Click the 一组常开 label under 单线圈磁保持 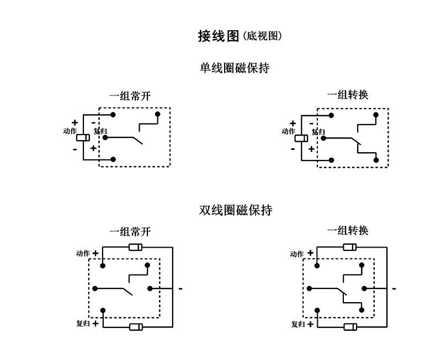(130, 95)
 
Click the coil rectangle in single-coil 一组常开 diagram (83, 138)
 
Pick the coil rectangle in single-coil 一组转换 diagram (301, 138)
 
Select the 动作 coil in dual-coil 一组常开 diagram (136, 246)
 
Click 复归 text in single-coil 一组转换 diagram (318, 132)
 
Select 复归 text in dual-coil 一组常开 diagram (83, 324)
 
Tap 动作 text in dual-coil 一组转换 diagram (297, 254)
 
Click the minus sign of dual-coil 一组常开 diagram (180, 288)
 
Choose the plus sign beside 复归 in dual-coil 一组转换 (311, 324)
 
